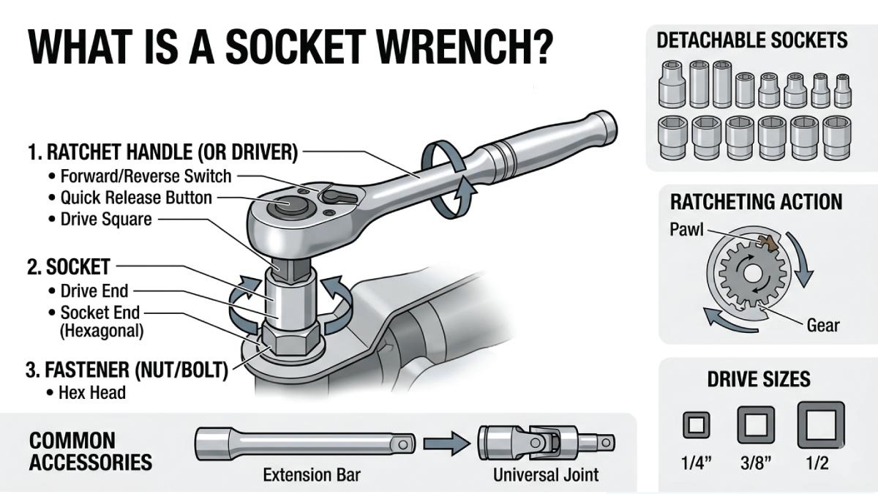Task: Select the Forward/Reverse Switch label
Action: click(146, 176)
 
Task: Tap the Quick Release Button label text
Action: click(136, 198)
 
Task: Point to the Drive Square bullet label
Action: click(105, 219)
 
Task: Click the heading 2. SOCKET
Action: click(68, 266)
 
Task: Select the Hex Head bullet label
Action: click(92, 392)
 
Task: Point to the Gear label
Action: click(822, 325)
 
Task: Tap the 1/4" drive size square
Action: click(696, 424)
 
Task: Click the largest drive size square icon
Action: click(820, 424)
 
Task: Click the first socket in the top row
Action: click(672, 84)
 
